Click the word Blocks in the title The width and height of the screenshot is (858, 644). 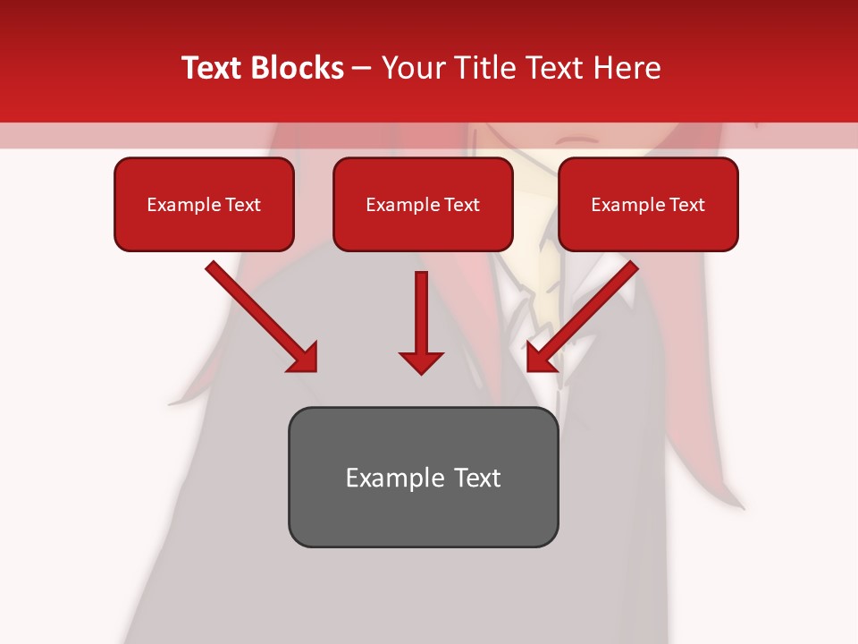[x=299, y=68]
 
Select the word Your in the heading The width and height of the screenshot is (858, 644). [x=409, y=68]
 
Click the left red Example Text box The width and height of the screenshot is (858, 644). [x=204, y=205]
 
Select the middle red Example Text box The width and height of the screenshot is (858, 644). [x=423, y=205]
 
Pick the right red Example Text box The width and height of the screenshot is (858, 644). [x=648, y=205]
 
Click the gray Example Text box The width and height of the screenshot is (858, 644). [x=423, y=478]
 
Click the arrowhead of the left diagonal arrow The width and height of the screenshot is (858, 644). [x=304, y=358]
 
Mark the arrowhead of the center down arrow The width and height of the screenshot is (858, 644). [x=421, y=361]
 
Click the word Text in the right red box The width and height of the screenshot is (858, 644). [x=686, y=205]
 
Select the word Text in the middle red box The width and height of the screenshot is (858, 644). [x=461, y=205]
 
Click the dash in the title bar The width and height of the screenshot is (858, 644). [x=362, y=68]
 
